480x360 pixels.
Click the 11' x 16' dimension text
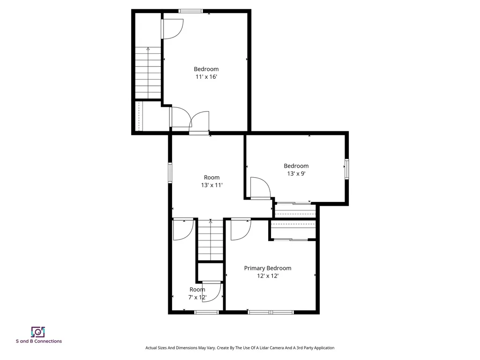pyautogui.click(x=206, y=77)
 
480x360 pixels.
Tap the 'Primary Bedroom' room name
pyautogui.click(x=267, y=268)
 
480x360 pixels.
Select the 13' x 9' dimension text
pyautogui.click(x=296, y=173)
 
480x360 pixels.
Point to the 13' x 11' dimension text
pyautogui.click(x=211, y=185)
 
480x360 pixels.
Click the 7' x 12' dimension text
pyautogui.click(x=197, y=297)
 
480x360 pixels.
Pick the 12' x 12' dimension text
pyautogui.click(x=267, y=276)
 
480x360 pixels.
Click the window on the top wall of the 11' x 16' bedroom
pyautogui.click(x=191, y=11)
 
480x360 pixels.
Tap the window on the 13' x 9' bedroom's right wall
pyautogui.click(x=346, y=169)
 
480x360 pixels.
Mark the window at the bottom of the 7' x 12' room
pyautogui.click(x=206, y=312)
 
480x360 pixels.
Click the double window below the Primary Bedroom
pyautogui.click(x=270, y=312)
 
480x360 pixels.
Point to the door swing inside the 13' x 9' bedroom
pyautogui.click(x=260, y=188)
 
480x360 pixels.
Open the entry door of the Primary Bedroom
pyautogui.click(x=242, y=229)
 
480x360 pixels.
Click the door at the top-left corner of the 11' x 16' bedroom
pyautogui.click(x=172, y=29)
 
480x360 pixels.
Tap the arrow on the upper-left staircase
pyautogui.click(x=148, y=48)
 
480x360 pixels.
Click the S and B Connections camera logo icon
pyautogui.click(x=38, y=332)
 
